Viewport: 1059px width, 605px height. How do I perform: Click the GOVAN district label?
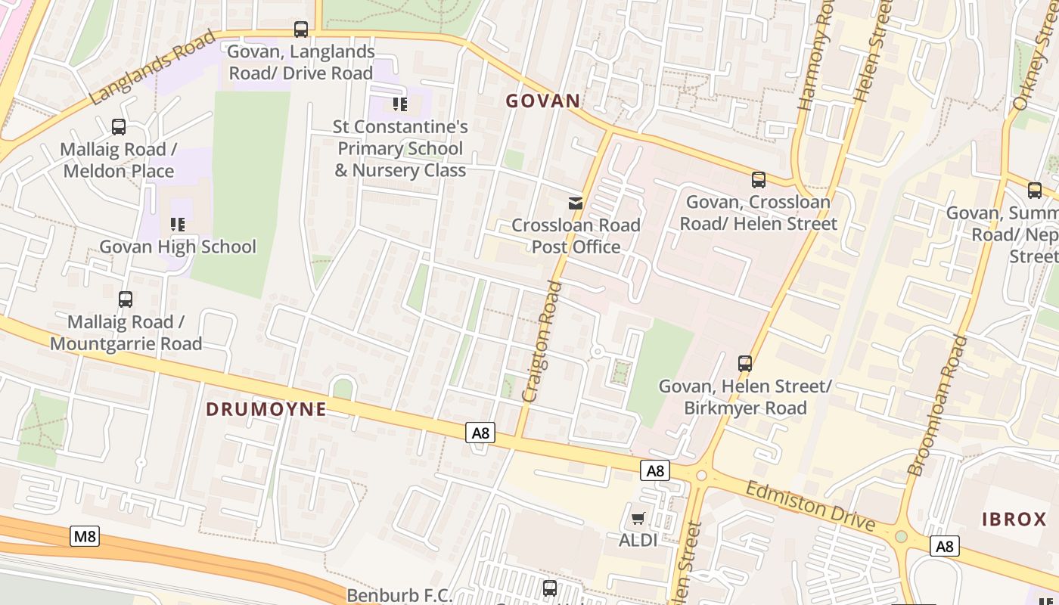coord(543,101)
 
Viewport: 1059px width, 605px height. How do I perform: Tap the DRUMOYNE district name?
coord(266,409)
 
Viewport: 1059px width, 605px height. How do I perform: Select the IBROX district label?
coord(1014,520)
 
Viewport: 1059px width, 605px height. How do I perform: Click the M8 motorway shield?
coord(85,536)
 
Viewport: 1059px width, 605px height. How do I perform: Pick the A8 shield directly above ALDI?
coord(655,470)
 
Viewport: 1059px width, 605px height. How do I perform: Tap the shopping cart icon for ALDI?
coord(638,518)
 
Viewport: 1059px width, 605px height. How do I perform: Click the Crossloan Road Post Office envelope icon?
coord(576,203)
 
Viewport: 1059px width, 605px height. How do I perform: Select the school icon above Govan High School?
coord(178,224)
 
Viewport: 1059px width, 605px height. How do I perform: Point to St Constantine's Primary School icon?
coord(400,104)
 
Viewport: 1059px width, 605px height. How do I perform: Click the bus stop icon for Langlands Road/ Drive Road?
coord(301,29)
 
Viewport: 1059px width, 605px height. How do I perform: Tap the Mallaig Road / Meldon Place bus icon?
coord(119,126)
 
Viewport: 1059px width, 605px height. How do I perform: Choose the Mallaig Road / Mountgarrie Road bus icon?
coord(126,299)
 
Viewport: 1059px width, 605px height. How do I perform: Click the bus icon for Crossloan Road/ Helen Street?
coord(758,180)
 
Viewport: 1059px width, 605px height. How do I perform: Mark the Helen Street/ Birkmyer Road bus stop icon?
coord(745,364)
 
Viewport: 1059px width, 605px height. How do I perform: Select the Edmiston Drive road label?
coord(809,506)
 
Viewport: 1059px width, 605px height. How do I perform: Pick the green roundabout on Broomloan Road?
coord(901,537)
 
